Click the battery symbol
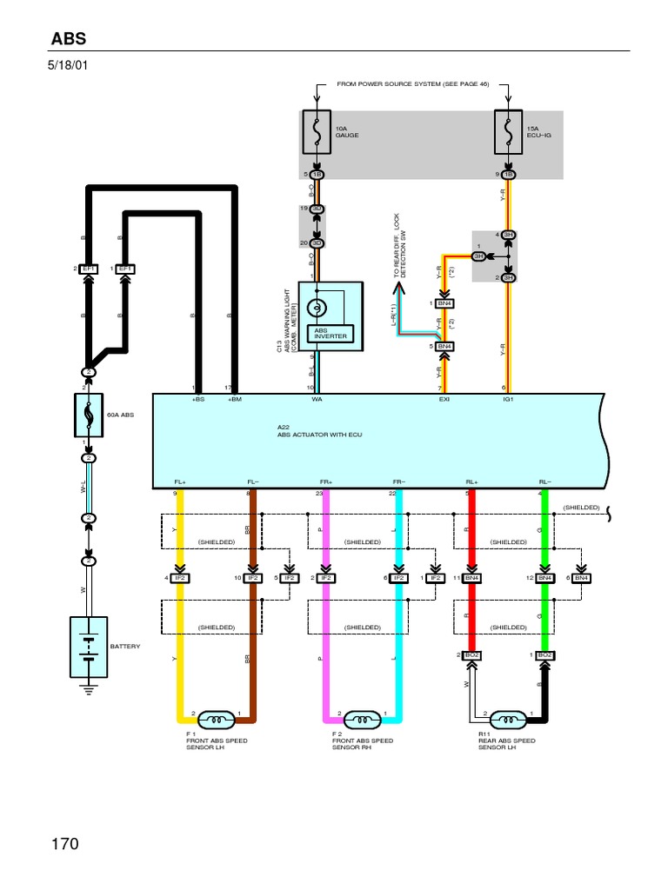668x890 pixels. [88, 647]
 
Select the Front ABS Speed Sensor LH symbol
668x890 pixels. [217, 719]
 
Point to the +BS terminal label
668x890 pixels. [198, 400]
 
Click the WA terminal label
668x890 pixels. [317, 400]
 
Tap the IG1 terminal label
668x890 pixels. [509, 400]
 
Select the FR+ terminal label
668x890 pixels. [326, 481]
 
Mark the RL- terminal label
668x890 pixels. [544, 481]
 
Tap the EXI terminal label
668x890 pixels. [444, 400]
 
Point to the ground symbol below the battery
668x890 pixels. [88, 687]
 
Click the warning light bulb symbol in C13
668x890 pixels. [317, 307]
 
